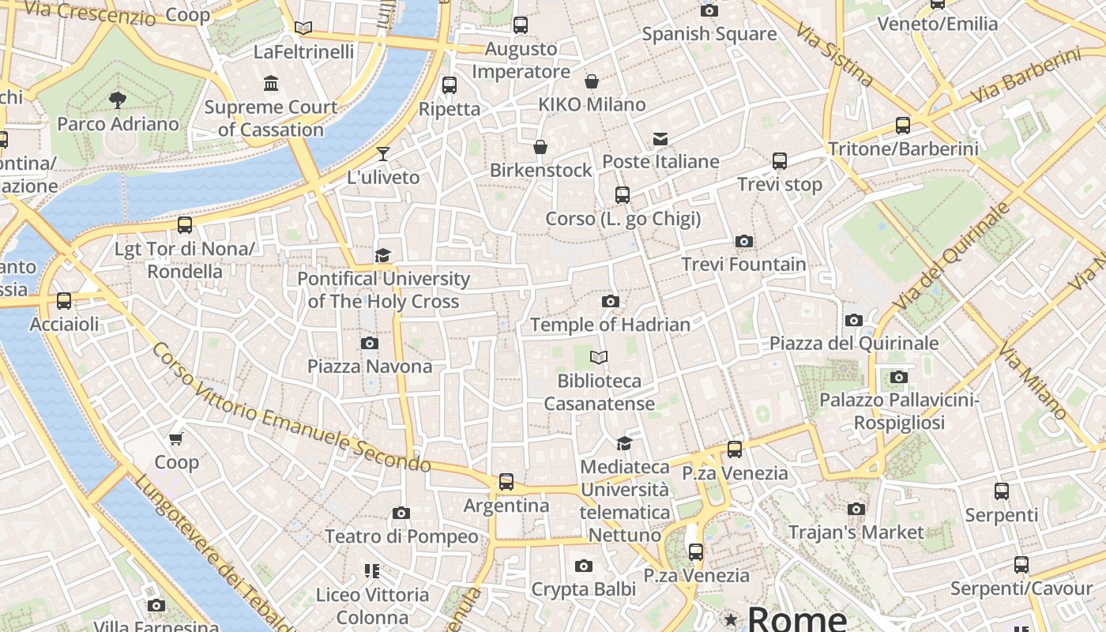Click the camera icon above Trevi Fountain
[743, 242]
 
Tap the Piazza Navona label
[370, 367]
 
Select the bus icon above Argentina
[506, 481]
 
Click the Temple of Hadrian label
[610, 325]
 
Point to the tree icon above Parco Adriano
[118, 100]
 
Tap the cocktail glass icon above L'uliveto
[383, 153]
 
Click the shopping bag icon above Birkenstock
[540, 147]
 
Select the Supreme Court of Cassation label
[271, 118]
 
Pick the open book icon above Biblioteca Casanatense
[599, 358]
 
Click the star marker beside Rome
[732, 619]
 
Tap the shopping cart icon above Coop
[176, 438]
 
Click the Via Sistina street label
[834, 54]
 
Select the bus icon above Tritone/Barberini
[903, 125]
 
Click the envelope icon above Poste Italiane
[660, 139]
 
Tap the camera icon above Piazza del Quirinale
[854, 320]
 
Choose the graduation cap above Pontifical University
[383, 255]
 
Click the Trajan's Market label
[856, 532]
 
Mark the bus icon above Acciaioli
[64, 301]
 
